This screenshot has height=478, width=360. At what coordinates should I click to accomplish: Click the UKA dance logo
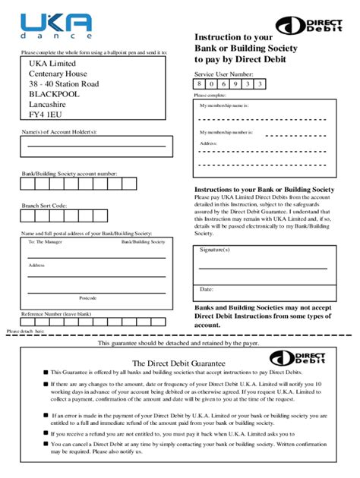click(x=57, y=26)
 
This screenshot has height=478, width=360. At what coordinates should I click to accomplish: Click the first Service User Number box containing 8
click(x=201, y=84)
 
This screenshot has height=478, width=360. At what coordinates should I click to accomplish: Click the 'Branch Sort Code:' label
click(x=44, y=206)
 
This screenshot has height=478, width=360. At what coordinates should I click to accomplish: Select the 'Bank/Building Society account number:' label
click(x=69, y=174)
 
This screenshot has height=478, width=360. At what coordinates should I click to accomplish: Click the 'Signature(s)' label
click(x=216, y=249)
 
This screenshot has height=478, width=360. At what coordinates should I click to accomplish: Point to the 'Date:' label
click(x=207, y=289)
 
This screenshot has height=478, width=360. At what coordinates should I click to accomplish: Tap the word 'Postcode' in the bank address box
click(x=88, y=297)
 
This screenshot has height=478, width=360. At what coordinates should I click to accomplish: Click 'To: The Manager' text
click(x=45, y=242)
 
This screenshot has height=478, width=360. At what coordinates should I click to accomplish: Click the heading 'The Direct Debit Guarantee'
click(x=178, y=363)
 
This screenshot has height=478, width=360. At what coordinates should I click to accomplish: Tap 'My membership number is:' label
click(x=226, y=133)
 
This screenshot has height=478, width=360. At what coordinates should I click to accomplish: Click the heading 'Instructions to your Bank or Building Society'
click(x=264, y=189)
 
